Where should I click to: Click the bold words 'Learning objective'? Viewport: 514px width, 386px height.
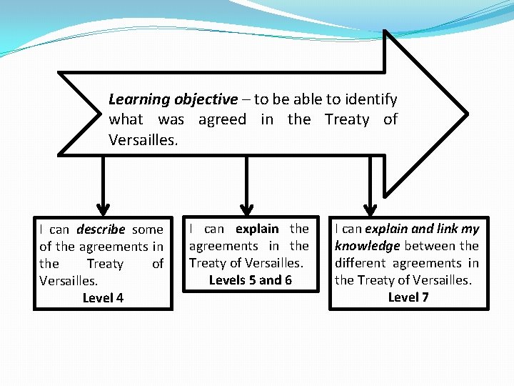[173, 99]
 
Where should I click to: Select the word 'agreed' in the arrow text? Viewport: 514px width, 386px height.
[222, 119]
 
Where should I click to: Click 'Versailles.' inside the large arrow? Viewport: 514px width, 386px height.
[143, 139]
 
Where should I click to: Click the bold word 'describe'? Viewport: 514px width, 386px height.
[101, 229]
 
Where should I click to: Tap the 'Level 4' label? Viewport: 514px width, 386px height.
[103, 297]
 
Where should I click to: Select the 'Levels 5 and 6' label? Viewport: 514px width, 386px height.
[250, 279]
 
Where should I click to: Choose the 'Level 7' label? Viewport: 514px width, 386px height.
[408, 297]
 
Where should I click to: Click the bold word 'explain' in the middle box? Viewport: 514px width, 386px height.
[257, 229]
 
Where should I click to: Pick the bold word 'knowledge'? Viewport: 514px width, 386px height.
[368, 246]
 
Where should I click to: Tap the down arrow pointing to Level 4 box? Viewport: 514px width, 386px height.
[103, 186]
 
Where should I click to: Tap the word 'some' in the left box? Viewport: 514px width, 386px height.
[148, 229]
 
